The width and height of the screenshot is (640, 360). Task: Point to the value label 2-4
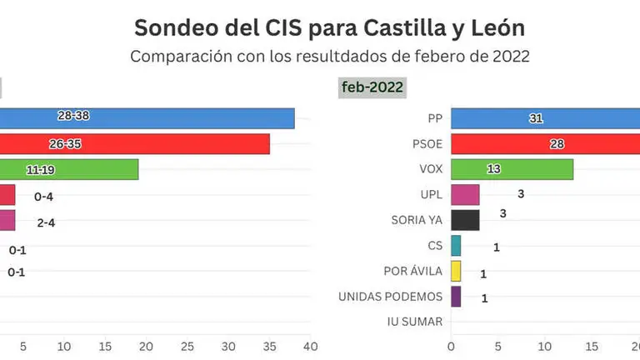click(x=45, y=222)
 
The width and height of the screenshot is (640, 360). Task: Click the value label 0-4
click(x=43, y=197)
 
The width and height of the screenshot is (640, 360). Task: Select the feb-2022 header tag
click(x=372, y=87)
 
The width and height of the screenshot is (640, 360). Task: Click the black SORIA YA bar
click(x=465, y=220)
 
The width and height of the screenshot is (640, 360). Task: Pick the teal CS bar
click(x=456, y=246)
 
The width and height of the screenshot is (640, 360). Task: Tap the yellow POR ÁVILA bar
click(x=456, y=271)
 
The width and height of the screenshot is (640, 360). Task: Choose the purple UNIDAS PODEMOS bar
click(x=456, y=297)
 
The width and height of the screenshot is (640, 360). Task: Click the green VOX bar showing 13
click(x=512, y=169)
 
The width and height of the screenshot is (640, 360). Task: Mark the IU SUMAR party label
click(x=415, y=322)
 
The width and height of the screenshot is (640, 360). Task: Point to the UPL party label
click(x=428, y=195)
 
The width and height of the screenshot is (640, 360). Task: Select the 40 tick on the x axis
click(x=310, y=346)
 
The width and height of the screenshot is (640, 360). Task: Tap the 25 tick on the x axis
click(x=187, y=346)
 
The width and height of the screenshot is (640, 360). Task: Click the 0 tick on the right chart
click(x=451, y=346)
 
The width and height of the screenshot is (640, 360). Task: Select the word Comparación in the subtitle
click(x=178, y=57)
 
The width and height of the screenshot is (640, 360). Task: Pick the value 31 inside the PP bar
click(x=536, y=118)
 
